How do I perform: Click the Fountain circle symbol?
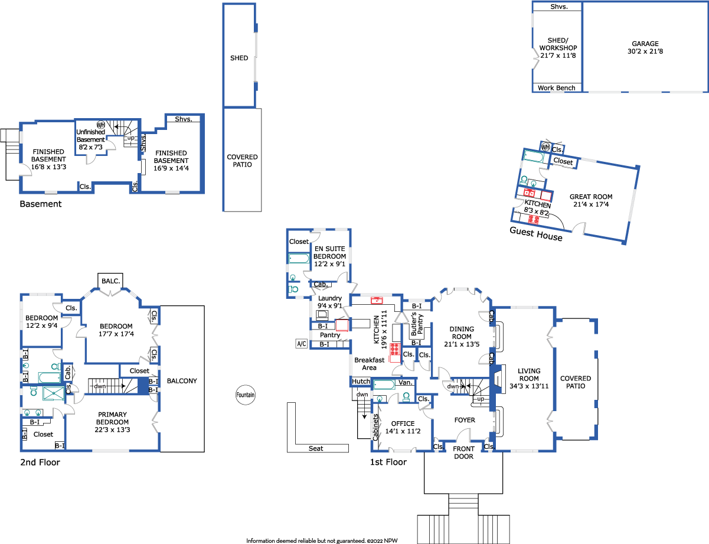tap(246, 395)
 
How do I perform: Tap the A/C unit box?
tap(302, 344)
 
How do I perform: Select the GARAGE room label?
tap(645, 44)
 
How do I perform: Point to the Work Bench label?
tap(556, 88)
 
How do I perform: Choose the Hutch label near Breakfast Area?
tap(361, 381)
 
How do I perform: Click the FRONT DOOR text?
tap(463, 452)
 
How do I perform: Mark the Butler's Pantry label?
tap(417, 324)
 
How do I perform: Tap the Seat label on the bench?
tap(316, 448)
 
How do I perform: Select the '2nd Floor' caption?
tap(40, 462)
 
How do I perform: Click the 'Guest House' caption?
tap(536, 234)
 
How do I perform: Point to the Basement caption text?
tap(41, 204)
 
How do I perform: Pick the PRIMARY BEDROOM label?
tap(112, 418)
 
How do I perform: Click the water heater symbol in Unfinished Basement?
tap(101, 125)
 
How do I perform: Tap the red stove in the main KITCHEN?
tap(395, 349)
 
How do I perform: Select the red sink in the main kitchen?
tap(377, 300)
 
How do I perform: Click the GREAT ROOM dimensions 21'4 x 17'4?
tap(591, 204)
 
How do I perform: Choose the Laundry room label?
tap(330, 298)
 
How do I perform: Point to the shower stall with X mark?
tap(54, 393)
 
